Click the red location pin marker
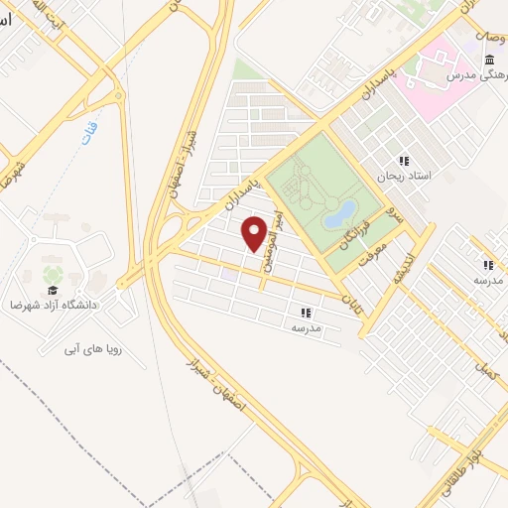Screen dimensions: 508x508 [257, 234]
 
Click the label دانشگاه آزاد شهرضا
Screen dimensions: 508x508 [58, 304]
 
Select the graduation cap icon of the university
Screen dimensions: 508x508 [52, 274]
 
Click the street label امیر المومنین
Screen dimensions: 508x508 [273, 242]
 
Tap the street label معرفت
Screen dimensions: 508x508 [371, 258]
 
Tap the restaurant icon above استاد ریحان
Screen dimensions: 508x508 [404, 161]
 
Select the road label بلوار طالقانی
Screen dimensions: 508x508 [475, 467]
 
